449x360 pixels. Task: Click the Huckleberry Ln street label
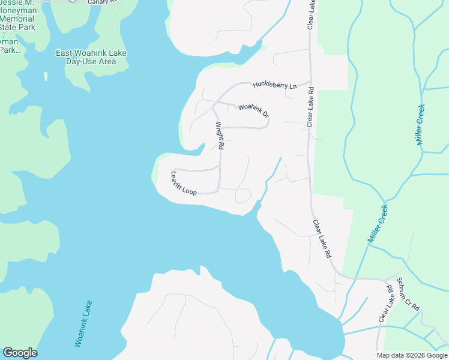[x=274, y=85]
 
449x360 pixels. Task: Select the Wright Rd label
[x=220, y=136]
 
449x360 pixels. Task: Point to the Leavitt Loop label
[x=183, y=184]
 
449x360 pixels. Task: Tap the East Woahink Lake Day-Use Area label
[x=91, y=57]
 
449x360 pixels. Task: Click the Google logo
[x=20, y=353]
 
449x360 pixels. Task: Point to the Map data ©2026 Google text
[x=411, y=355]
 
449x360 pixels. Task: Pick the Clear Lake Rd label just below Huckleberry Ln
[x=310, y=107]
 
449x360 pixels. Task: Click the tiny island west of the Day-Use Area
[x=44, y=76]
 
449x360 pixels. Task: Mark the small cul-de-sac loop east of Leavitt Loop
[x=244, y=196]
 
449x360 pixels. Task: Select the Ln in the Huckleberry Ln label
[x=292, y=86]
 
